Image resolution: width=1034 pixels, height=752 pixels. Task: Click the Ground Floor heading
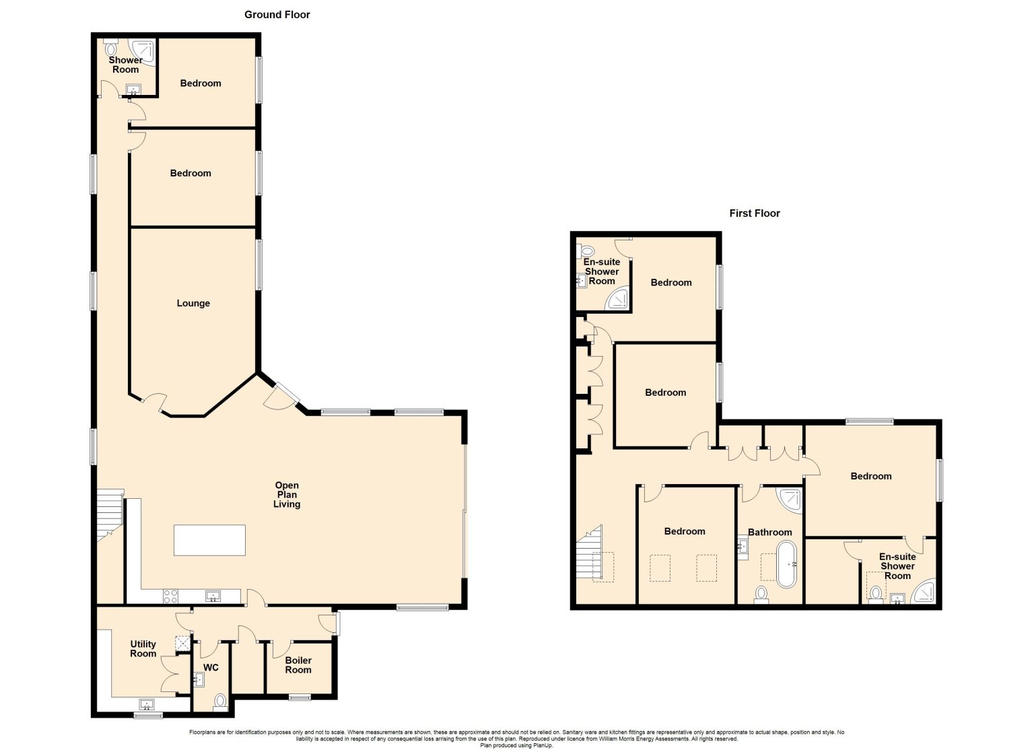(x=277, y=15)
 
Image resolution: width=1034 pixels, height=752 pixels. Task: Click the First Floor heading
(x=754, y=213)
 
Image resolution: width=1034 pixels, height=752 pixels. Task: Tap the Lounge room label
(x=193, y=304)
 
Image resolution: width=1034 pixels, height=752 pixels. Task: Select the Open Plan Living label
(x=287, y=494)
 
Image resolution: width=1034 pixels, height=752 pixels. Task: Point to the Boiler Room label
(x=298, y=665)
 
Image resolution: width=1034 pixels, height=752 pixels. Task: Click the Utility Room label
(x=143, y=648)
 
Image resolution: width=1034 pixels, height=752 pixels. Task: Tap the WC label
(x=211, y=668)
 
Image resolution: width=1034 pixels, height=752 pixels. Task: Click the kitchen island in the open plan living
(x=209, y=540)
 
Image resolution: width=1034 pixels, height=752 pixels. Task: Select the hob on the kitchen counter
(x=170, y=596)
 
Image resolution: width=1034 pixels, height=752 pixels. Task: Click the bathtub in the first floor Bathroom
(x=787, y=564)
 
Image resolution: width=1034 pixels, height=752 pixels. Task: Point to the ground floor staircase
(x=110, y=515)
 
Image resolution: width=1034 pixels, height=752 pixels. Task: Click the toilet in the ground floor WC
(x=220, y=702)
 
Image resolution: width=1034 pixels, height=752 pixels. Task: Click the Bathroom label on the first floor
(x=769, y=533)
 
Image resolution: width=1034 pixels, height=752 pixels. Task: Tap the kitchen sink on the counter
(x=213, y=596)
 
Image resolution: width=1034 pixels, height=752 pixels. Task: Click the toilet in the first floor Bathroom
(x=761, y=594)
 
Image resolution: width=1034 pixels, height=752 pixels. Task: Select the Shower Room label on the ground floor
(x=126, y=65)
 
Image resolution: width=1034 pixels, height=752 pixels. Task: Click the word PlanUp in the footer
(x=544, y=745)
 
